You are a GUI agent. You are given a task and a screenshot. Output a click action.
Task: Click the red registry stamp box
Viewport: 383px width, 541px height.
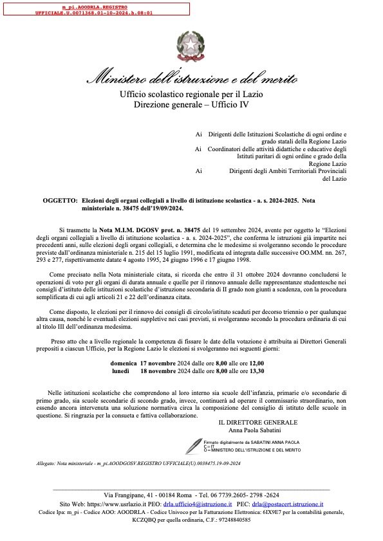(95, 8)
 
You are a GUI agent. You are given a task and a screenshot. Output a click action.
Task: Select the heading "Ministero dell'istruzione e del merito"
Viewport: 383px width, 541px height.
(191, 80)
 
